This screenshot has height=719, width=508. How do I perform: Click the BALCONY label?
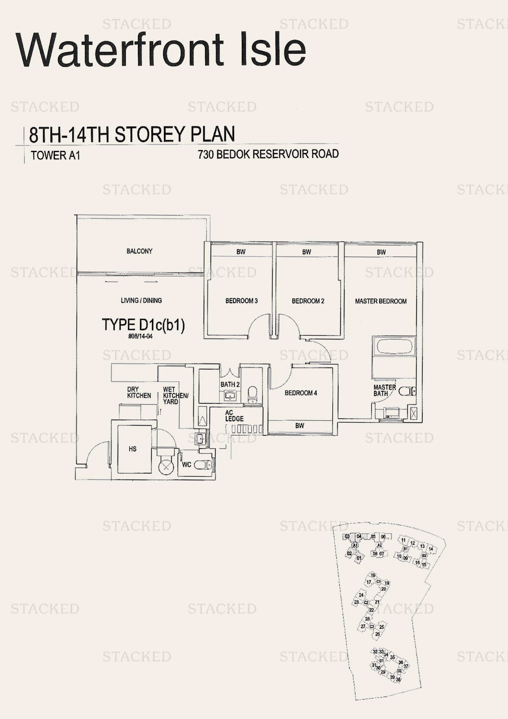139,251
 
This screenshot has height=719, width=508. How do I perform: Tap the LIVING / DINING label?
141,300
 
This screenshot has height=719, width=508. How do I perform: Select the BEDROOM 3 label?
241,301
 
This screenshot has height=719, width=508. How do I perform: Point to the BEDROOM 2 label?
308,301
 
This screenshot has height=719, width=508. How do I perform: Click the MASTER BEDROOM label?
381,301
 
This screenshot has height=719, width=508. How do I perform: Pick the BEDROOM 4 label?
301,393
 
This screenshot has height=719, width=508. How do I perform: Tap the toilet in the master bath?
407,391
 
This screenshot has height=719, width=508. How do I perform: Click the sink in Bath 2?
230,395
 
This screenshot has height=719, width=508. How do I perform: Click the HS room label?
132,449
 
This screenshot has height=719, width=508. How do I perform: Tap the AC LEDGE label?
234,416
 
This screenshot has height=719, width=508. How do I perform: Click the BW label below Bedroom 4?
299,425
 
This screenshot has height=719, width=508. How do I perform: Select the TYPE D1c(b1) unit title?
143,325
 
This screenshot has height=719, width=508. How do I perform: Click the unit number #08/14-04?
140,336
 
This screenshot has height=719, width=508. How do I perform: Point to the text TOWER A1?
55,155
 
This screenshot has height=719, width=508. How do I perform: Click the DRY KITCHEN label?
139,392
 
